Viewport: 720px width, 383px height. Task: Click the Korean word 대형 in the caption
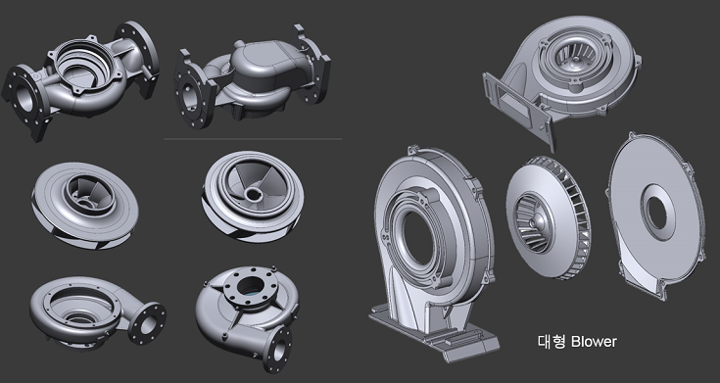552,342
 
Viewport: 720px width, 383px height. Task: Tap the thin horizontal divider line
253,139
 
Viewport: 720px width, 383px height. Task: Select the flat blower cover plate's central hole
657,212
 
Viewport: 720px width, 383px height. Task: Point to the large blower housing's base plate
434,332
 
